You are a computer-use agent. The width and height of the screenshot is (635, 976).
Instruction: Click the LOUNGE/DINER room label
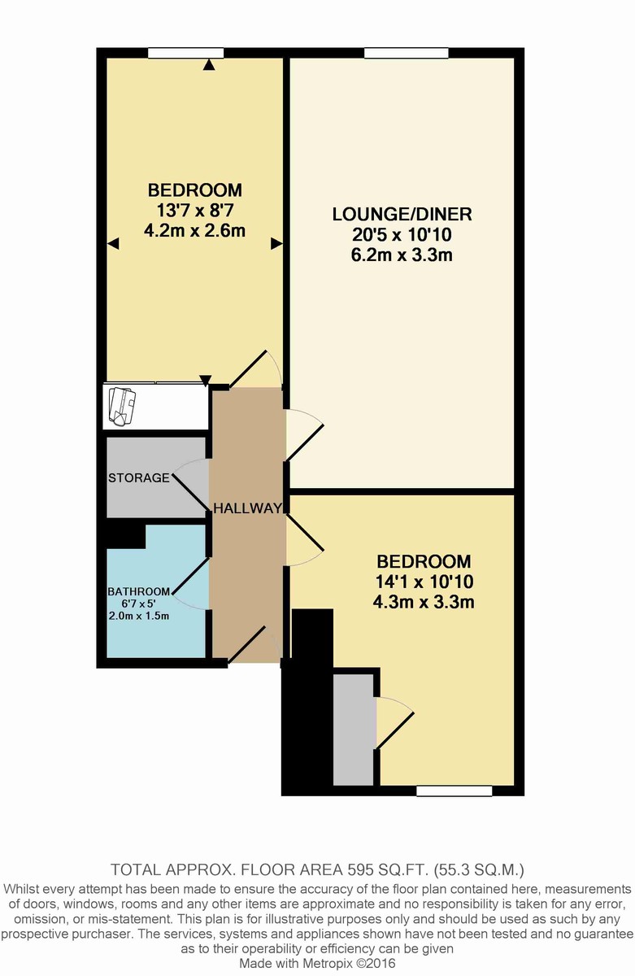402,215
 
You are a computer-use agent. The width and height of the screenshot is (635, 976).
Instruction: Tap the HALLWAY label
247,508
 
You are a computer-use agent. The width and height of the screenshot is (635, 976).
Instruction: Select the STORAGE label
139,477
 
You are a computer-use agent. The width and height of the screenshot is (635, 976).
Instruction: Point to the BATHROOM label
138,591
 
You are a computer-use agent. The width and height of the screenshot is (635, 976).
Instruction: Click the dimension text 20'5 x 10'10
402,236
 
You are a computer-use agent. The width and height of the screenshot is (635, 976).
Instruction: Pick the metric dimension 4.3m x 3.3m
424,603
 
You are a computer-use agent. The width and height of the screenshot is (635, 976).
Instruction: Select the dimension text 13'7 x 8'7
194,210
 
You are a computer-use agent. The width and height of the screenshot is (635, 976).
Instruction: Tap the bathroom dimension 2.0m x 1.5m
138,615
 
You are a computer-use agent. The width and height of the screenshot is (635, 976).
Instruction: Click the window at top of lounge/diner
406,54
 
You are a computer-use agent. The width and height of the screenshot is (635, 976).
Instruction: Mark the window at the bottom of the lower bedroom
454,790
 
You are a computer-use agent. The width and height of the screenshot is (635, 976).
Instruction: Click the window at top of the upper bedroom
186,54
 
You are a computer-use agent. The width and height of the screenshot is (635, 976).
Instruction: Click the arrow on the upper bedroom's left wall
113,243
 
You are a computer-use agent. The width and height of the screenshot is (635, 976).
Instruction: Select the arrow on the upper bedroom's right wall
276,243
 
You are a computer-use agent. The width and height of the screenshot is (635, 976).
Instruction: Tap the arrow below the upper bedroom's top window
209,65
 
